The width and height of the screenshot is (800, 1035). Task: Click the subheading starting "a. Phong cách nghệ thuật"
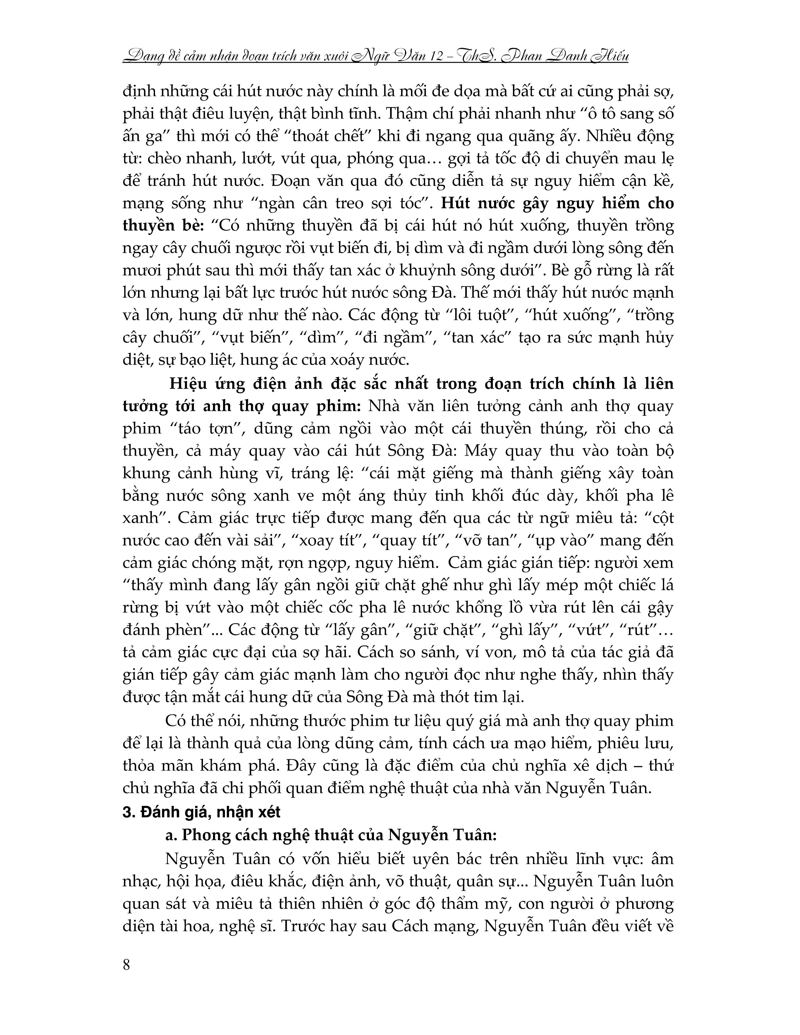330,835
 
